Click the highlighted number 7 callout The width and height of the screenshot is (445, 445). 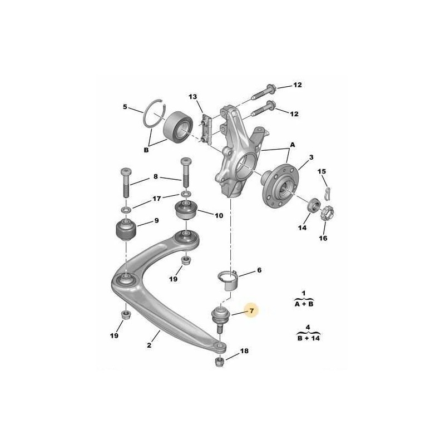252,311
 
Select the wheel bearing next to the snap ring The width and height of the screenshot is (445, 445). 178,127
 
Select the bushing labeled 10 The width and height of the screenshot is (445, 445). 185,209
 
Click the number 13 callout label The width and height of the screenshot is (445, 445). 192,97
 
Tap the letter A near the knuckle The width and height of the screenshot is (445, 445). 293,145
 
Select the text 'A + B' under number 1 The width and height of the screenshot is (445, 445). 303,304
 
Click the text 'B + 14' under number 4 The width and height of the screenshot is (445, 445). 309,338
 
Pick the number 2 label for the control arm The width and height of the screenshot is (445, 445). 149,345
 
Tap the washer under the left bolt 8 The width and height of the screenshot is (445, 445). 126,210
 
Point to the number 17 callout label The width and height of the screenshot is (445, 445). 157,199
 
